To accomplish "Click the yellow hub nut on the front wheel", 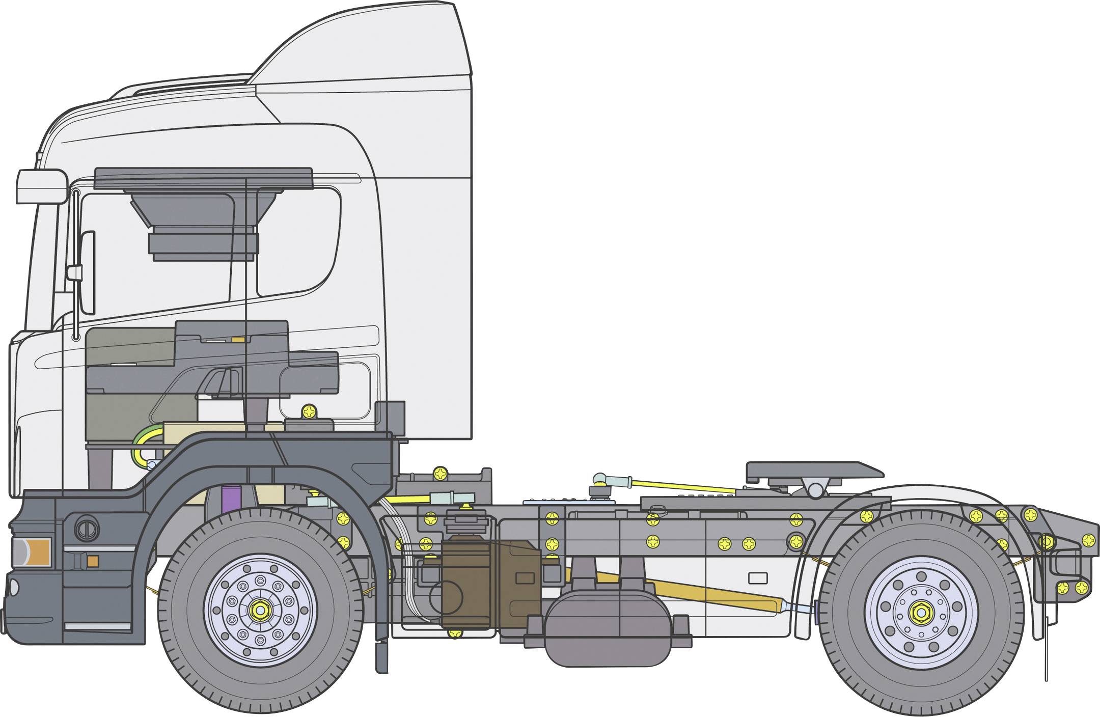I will coord(260,609).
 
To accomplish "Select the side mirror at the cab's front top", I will coord(42,187).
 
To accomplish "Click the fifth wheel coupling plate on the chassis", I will coord(810,471).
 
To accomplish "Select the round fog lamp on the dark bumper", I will coord(87,529).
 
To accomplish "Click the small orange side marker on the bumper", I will coord(92,561).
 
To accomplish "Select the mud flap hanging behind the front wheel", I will coord(381,657).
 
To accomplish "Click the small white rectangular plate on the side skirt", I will coord(758,578).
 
